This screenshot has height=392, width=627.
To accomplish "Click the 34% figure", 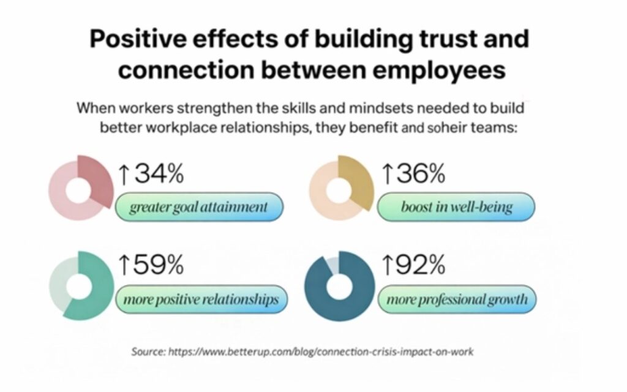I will point(159,175).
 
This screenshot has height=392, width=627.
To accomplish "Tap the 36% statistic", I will point(420,175).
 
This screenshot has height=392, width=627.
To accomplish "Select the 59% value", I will point(159,265).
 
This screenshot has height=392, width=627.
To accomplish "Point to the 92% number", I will point(420,265).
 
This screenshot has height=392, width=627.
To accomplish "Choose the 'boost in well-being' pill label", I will point(456,207).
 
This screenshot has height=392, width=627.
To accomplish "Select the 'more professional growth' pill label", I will point(457,300).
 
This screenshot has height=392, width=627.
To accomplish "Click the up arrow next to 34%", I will point(124,175).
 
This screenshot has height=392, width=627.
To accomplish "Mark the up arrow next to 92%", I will point(386,266).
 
